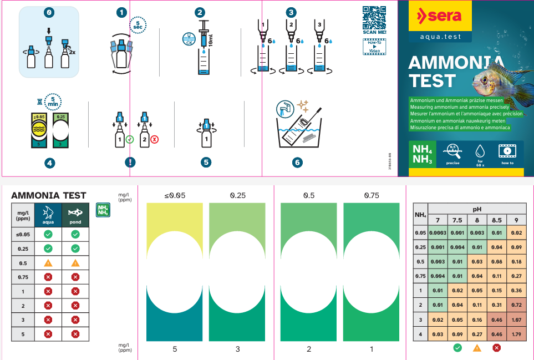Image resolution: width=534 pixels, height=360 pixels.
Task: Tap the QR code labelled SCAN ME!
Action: pyautogui.click(x=374, y=17)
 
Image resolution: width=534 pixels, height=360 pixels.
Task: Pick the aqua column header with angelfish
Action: pyautogui.click(x=48, y=214)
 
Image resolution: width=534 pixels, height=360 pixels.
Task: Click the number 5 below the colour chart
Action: pyautogui.click(x=175, y=349)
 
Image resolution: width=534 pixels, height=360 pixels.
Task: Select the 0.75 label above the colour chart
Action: pyautogui.click(x=371, y=195)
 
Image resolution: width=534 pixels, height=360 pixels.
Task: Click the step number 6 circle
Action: pyautogui.click(x=298, y=163)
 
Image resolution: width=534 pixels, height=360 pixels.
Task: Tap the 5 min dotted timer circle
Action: pyautogui.click(x=53, y=102)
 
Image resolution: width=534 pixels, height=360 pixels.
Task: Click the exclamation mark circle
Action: pyautogui.click(x=130, y=163)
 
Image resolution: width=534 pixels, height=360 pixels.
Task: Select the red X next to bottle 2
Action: pyautogui.click(x=154, y=140)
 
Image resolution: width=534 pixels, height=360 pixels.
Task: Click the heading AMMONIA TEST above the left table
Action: pyautogui.click(x=49, y=195)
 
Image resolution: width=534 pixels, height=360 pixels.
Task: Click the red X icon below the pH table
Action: pyautogui.click(x=496, y=348)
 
